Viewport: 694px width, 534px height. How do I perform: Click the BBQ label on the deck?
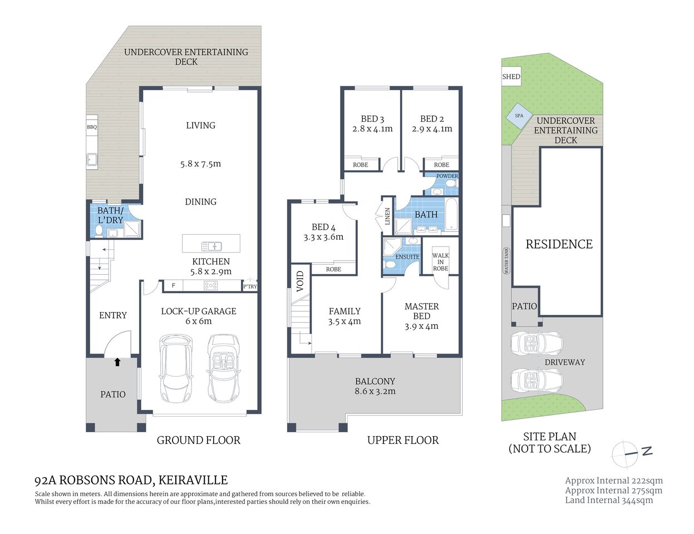(x=92, y=127)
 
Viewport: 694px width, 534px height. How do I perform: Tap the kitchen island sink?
(x=212, y=245)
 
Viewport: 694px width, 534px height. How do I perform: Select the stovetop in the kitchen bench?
(x=211, y=286)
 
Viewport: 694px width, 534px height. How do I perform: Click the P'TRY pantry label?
(x=250, y=286)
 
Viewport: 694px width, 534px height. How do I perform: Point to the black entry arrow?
(x=117, y=362)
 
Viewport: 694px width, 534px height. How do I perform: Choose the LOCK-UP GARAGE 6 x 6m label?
(x=199, y=316)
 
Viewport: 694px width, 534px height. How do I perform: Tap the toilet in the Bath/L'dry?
(x=99, y=230)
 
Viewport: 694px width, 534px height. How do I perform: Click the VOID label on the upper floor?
(x=300, y=281)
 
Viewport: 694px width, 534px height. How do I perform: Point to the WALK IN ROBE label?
(x=440, y=262)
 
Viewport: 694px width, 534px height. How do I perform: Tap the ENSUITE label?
(x=407, y=257)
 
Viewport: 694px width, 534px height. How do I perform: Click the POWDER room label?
(x=447, y=176)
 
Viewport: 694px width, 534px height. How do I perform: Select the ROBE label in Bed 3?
(x=360, y=165)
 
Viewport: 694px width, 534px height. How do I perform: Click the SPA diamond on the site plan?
(x=519, y=116)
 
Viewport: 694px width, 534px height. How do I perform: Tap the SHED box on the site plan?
(x=511, y=77)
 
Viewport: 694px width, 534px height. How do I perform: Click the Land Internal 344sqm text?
(x=609, y=500)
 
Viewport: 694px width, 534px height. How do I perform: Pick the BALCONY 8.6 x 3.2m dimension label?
(x=375, y=386)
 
